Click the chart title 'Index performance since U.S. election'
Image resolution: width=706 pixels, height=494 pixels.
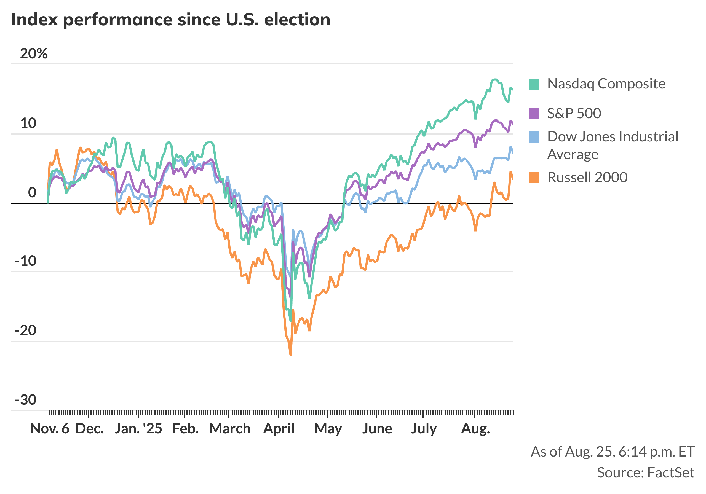pyautogui.click(x=171, y=20)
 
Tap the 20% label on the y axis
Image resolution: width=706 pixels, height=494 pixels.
pyautogui.click(x=34, y=54)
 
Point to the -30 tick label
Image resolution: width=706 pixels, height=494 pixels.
pyautogui.click(x=26, y=400)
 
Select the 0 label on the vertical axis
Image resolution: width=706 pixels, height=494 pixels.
pyautogui.click(x=32, y=192)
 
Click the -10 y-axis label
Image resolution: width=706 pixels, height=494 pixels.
pyautogui.click(x=26, y=261)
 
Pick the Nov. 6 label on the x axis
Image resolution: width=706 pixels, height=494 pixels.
pyautogui.click(x=50, y=428)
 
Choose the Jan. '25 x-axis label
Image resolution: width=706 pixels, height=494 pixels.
pyautogui.click(x=138, y=428)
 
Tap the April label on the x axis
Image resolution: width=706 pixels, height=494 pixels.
pyautogui.click(x=279, y=428)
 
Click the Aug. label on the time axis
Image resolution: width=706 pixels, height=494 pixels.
pyautogui.click(x=475, y=428)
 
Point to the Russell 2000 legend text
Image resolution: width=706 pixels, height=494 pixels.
pyautogui.click(x=587, y=177)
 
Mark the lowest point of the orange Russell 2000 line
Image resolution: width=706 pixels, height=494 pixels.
pyautogui.click(x=291, y=355)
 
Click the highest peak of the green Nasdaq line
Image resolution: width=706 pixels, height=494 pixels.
pyautogui.click(x=495, y=80)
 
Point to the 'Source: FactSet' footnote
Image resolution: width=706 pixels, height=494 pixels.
pyautogui.click(x=645, y=472)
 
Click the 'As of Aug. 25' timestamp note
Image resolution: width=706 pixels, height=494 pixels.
pyautogui.click(x=613, y=452)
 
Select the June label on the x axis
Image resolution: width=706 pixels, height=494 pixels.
pyautogui.click(x=377, y=428)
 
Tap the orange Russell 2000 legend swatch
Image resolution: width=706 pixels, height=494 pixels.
pyautogui.click(x=534, y=178)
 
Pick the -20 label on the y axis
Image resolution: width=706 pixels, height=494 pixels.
pyautogui.click(x=26, y=331)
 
